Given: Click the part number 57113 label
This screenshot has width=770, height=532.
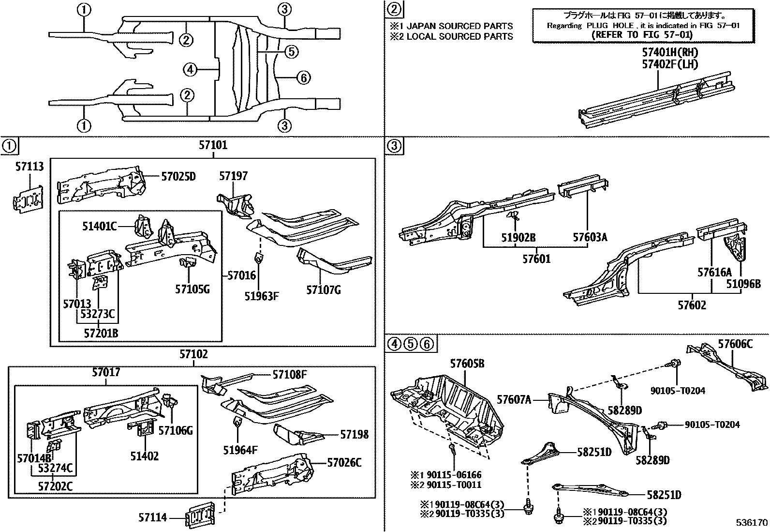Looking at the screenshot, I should [x=29, y=167].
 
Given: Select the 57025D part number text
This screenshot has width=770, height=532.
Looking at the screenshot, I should [x=178, y=177].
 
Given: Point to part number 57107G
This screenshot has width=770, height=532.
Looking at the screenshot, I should [x=324, y=290].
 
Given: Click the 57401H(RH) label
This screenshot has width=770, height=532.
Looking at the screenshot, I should [x=670, y=52].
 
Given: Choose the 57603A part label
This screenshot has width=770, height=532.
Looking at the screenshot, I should [x=590, y=237].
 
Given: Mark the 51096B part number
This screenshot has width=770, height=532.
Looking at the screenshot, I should [x=743, y=284].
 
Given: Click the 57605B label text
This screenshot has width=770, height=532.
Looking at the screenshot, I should [x=467, y=364].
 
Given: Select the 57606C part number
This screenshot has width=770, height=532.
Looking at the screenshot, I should [x=735, y=344].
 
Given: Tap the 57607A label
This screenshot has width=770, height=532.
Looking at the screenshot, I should [x=514, y=399].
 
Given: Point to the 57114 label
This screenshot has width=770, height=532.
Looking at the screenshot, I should [x=152, y=518].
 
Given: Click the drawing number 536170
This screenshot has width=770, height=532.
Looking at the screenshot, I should [x=752, y=523].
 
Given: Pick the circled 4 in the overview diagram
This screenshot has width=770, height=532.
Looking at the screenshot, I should [x=190, y=70].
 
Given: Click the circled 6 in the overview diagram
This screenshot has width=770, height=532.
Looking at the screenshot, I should [x=303, y=77].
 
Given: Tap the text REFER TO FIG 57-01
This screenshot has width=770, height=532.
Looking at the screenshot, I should [x=642, y=35].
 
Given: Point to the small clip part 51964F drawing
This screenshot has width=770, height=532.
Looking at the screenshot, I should [x=237, y=422].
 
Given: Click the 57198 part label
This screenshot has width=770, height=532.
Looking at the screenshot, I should [x=354, y=434].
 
